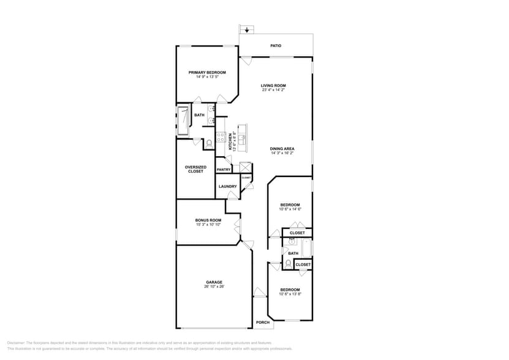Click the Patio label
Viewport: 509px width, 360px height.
pos(276,45)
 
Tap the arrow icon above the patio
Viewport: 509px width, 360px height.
pos(247,29)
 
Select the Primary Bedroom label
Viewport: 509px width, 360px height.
pos(207,72)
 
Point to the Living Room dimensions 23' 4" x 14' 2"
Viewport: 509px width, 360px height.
pos(273,90)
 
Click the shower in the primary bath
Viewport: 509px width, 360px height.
pos(183,121)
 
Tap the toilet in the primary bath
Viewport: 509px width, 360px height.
pos(208,144)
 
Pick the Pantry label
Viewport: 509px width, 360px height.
pos(224,170)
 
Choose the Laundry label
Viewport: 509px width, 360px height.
pos(227,186)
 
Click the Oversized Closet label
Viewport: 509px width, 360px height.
pos(195,169)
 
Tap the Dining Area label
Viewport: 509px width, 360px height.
pos(282,149)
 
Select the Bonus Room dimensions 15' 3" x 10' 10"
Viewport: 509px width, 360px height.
pos(208,225)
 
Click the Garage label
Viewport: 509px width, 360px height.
pos(214,282)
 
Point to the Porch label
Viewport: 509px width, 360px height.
pos(262,323)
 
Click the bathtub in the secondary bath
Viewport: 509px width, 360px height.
pos(307,248)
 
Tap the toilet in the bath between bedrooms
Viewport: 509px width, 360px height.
pos(287,264)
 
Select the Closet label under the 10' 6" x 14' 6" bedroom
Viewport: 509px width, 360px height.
pos(297,233)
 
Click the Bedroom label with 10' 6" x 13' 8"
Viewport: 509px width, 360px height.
pos(290,290)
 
